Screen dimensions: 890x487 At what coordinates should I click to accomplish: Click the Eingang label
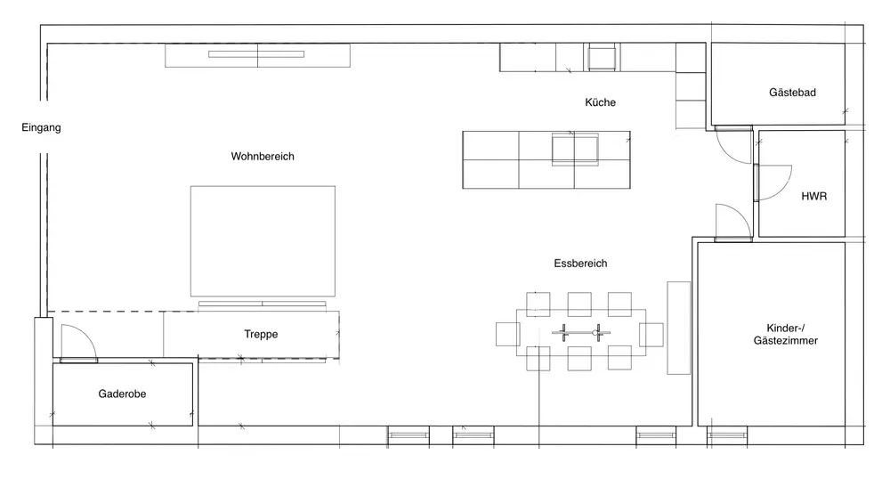41,127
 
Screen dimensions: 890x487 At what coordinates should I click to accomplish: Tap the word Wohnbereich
263,156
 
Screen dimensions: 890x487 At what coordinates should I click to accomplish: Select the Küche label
600,102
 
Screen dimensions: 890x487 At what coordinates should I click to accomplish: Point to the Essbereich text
580,264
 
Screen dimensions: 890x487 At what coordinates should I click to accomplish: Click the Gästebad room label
792,92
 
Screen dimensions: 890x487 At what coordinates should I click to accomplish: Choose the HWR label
814,197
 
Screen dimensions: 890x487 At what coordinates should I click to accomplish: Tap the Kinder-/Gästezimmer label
786,335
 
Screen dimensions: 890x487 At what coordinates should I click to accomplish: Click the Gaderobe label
122,394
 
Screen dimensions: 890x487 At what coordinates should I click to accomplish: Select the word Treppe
261,334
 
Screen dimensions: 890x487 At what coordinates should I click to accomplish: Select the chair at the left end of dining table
507,334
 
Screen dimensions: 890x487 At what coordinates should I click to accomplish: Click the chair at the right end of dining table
651,335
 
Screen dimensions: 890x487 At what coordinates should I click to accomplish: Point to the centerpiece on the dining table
580,333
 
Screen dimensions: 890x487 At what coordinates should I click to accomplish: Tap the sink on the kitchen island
575,150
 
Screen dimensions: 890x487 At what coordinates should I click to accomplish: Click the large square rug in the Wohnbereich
263,240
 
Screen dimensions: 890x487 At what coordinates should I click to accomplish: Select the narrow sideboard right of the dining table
678,328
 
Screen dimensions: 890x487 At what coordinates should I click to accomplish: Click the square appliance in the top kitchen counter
602,58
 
